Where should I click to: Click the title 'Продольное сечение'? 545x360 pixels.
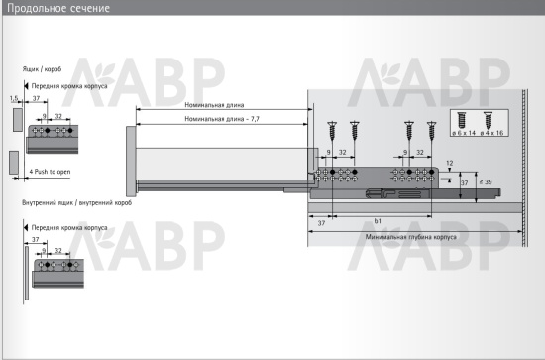pos(58,8)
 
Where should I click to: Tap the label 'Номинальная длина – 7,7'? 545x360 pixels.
pos(222,119)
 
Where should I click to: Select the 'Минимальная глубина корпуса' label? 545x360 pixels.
pos(411,237)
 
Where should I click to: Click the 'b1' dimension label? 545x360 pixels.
pos(378,221)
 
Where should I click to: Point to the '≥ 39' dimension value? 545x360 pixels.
pos(486,181)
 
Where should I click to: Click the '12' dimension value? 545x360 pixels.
pos(450,163)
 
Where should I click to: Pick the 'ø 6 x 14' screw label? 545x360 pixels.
pos(464,133)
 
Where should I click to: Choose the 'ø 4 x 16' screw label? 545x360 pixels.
pos(491,133)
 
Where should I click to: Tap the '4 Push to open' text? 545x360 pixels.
pos(50,172)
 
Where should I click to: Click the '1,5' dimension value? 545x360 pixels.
pos(14,98)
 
